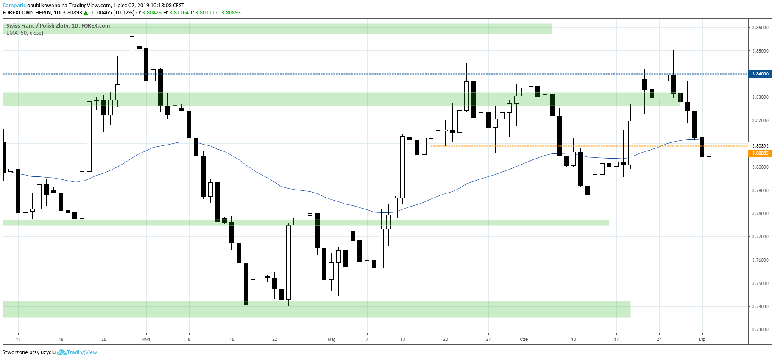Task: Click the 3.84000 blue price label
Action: pos(760,74)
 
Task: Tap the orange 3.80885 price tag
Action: pos(760,153)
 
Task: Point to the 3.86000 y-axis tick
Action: pos(760,28)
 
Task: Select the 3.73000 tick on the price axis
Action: pos(760,329)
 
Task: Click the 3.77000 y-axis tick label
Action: pos(760,237)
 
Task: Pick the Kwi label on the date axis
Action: pos(146,339)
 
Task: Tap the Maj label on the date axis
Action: pos(332,339)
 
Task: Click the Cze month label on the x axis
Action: pos(524,339)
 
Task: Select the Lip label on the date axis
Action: pos(702,339)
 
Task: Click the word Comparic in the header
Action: pos(14,6)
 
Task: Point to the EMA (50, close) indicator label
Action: pos(25,33)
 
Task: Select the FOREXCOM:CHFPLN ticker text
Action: pos(27,13)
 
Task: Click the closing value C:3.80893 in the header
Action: pos(229,13)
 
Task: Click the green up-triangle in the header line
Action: pos(86,13)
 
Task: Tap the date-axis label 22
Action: pos(275,339)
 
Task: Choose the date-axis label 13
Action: pos(403,339)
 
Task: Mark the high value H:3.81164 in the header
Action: pos(176,13)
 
